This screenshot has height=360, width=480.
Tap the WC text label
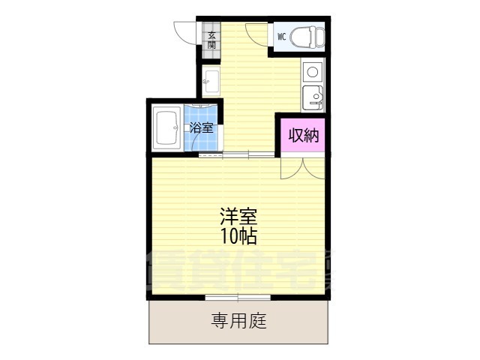click(x=282, y=35)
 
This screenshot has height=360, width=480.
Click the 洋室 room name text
click(x=238, y=217)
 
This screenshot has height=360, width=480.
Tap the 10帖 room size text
click(x=238, y=237)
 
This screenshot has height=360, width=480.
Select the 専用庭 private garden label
click(x=238, y=322)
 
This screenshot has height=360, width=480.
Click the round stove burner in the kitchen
click(x=312, y=72)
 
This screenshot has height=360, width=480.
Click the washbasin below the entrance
click(x=211, y=81)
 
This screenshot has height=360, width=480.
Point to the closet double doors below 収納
click(x=303, y=166)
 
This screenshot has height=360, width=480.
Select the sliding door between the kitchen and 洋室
click(x=236, y=154)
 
